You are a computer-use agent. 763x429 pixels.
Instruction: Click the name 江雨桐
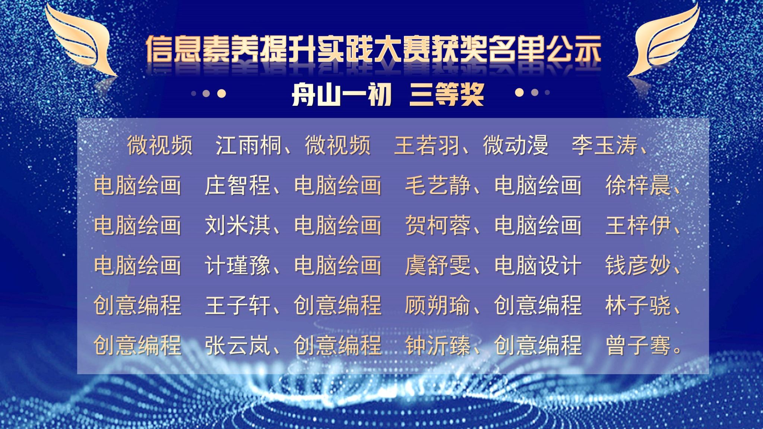point(248,145)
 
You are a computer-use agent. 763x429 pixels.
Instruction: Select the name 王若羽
point(427,145)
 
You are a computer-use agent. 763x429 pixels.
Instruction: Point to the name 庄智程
point(238,185)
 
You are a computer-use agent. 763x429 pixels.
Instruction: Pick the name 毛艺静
point(438,185)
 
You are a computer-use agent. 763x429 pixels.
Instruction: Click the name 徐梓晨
point(638,185)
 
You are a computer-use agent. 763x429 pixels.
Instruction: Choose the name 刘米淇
point(238,225)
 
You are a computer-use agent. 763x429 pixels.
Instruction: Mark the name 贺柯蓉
point(438,225)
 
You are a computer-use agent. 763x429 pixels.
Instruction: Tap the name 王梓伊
point(638,225)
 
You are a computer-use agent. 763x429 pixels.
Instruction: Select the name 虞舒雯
point(438,265)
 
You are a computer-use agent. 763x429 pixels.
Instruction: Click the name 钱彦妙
point(638,265)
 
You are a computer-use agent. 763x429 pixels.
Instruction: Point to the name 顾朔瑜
point(438,305)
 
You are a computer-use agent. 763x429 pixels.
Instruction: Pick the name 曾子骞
point(638,345)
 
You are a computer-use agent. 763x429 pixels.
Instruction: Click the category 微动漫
point(516,145)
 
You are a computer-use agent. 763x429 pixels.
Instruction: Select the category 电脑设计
point(538,265)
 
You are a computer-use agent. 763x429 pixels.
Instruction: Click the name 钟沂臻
point(438,345)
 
